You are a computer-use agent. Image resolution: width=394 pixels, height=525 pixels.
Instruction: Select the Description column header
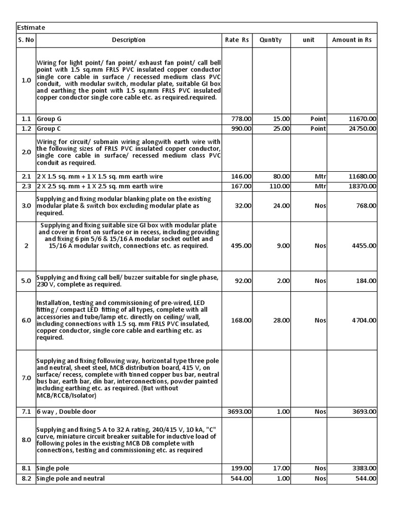coord(129,40)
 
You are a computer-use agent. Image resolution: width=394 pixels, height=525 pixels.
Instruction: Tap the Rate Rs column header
coord(237,40)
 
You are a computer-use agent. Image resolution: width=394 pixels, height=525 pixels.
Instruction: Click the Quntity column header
coord(270,40)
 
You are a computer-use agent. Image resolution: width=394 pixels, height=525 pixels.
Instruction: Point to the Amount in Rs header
coord(352,40)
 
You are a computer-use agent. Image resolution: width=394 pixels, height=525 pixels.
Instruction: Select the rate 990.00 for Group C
coord(241,129)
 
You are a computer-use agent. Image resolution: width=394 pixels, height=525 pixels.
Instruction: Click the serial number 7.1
coord(26,412)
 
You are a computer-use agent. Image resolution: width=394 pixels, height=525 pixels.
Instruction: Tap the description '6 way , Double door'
coord(66,412)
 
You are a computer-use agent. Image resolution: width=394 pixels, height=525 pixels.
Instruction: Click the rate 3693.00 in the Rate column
coord(239,412)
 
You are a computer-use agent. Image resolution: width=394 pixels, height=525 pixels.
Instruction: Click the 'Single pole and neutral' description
coord(71,478)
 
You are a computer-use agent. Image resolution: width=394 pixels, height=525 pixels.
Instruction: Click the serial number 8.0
coord(26,439)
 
